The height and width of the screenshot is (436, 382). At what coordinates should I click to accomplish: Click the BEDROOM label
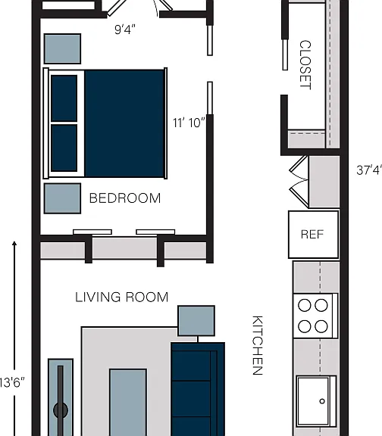pyautogui.click(x=125, y=198)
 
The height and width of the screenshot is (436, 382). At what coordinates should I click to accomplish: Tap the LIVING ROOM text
pyautogui.click(x=122, y=297)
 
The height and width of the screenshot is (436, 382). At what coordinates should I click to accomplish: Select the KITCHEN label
pyautogui.click(x=258, y=345)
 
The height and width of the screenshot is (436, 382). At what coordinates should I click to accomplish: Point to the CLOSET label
pyautogui.click(x=305, y=65)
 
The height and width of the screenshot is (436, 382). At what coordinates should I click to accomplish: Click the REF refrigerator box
pyautogui.click(x=314, y=235)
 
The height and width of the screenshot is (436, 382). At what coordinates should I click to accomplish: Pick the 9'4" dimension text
pyautogui.click(x=125, y=30)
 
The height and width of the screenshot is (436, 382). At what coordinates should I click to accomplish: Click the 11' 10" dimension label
pyautogui.click(x=189, y=123)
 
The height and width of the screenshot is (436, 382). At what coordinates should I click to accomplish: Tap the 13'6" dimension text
pyautogui.click(x=12, y=382)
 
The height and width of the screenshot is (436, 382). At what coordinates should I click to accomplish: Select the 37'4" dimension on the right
pyautogui.click(x=369, y=170)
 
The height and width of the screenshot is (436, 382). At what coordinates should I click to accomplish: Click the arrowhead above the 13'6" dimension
pyautogui.click(x=14, y=243)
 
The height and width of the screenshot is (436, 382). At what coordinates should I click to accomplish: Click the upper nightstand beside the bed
pyautogui.click(x=63, y=49)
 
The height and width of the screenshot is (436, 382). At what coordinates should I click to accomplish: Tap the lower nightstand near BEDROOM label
pyautogui.click(x=63, y=198)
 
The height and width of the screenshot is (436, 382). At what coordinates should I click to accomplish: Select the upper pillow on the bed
pyautogui.click(x=64, y=98)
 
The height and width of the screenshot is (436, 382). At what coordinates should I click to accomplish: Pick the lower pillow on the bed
pyautogui.click(x=64, y=148)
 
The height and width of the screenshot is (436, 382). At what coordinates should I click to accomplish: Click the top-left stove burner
pyautogui.click(x=305, y=305)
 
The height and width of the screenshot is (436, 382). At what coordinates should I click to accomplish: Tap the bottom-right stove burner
pyautogui.click(x=321, y=326)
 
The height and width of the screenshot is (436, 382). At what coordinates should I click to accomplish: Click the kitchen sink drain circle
pyautogui.click(x=322, y=401)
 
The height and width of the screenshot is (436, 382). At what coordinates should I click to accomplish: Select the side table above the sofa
pyautogui.click(x=196, y=321)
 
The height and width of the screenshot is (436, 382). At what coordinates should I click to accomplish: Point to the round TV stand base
pyautogui.click(x=61, y=410)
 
